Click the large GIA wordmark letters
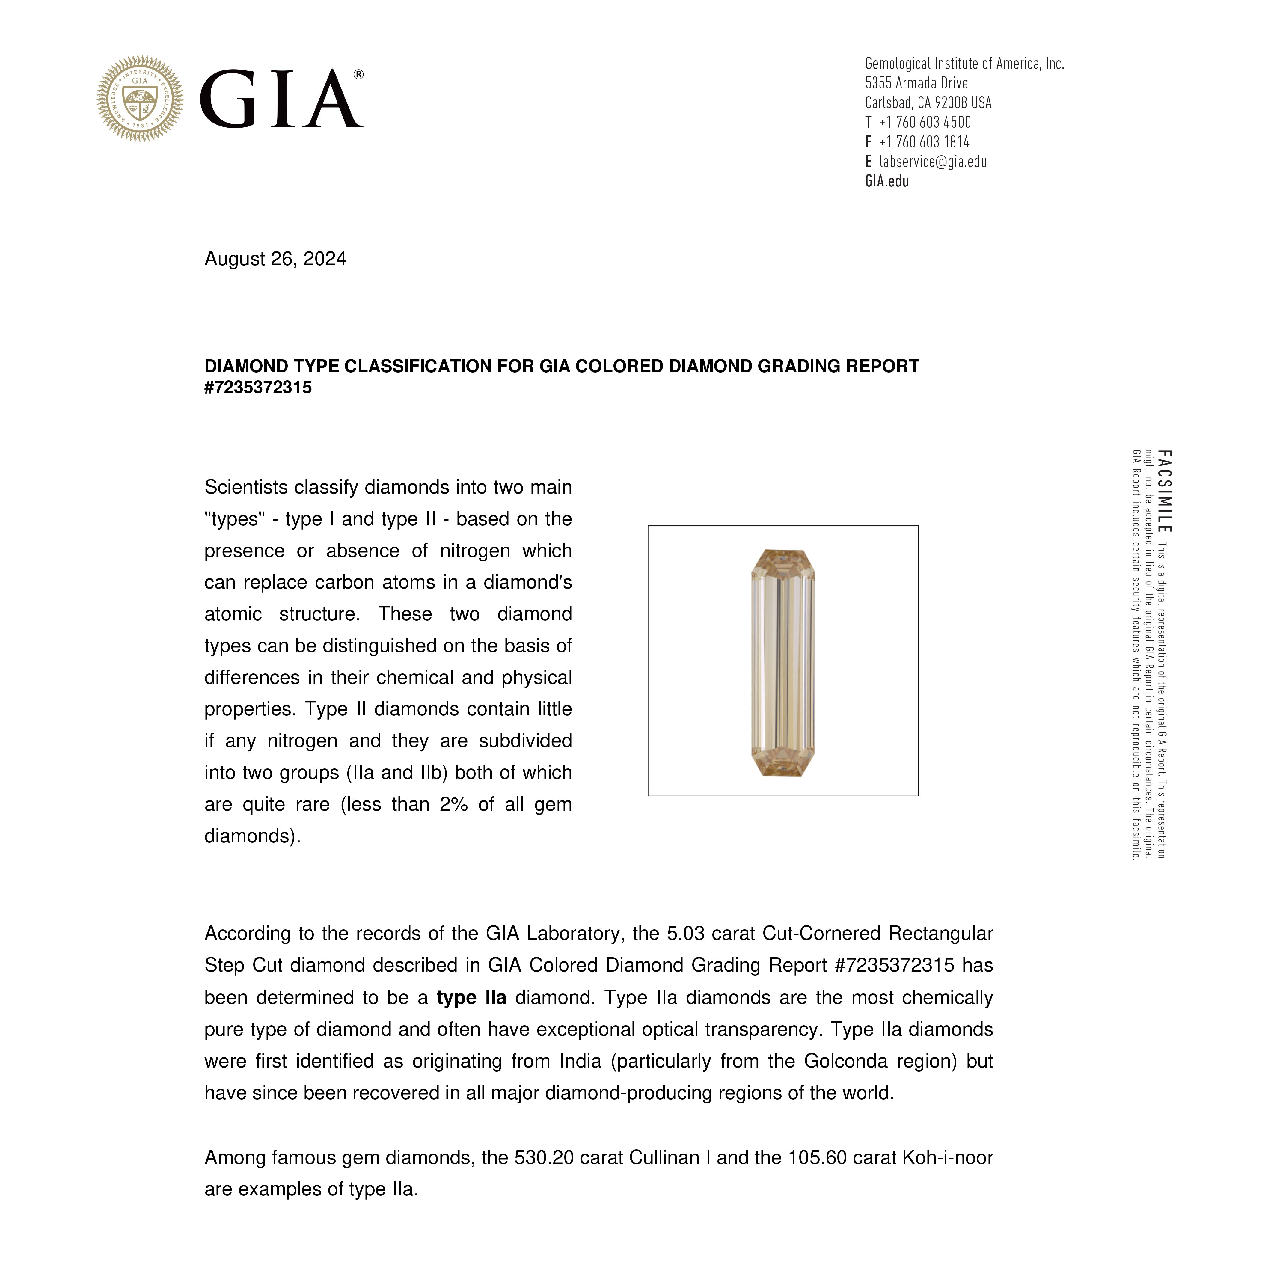280,99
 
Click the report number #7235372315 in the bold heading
258,388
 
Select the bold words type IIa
471,998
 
